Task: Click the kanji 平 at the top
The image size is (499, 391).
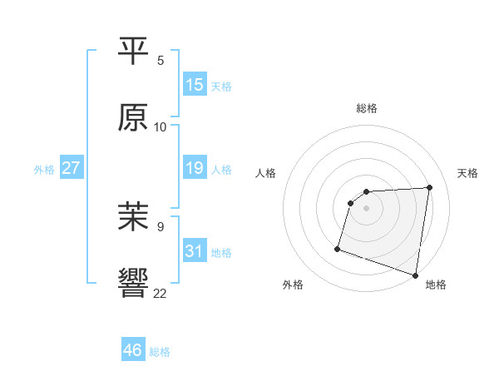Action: pos(134,52)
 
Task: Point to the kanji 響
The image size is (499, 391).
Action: pos(134,283)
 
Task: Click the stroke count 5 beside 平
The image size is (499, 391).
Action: pos(161,61)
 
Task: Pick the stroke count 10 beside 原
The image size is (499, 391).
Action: pos(161,127)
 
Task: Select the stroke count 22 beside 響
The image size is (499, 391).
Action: pos(161,293)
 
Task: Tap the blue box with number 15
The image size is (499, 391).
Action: pos(195,85)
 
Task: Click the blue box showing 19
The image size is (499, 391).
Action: pos(195,169)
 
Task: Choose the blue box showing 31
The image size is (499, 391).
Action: pos(195,251)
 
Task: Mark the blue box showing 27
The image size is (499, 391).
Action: pos(71,169)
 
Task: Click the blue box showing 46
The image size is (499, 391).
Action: pos(133,350)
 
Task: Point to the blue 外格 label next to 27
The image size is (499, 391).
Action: pos(44,170)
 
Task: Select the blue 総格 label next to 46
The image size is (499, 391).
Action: pos(160,352)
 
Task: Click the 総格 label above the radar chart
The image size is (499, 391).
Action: pos(367,108)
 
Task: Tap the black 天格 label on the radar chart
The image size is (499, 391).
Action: pos(467,173)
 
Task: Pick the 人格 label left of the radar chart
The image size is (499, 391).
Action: pos(266,173)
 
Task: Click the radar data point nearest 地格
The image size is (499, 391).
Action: pos(415,275)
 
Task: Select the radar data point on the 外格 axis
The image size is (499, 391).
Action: pos(338,248)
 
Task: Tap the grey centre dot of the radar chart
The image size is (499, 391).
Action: pos(367,208)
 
